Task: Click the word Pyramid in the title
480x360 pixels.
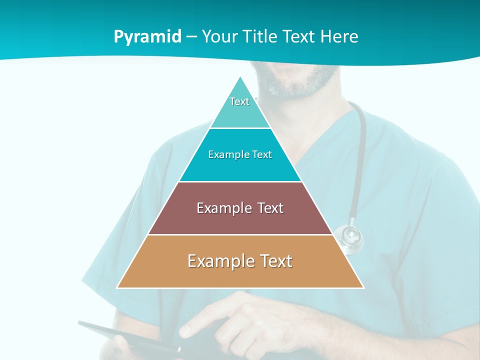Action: [x=147, y=37]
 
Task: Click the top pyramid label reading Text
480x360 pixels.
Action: [x=239, y=101]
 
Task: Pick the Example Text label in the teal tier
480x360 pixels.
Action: [x=240, y=155]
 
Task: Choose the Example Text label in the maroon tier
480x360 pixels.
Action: [x=240, y=208]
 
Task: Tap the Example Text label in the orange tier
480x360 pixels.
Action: [x=240, y=261]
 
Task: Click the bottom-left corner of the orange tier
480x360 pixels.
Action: [x=117, y=287]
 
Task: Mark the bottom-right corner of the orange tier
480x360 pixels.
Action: [x=363, y=287]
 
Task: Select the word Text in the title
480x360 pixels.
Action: [x=299, y=37]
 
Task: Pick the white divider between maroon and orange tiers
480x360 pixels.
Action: [x=240, y=234]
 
